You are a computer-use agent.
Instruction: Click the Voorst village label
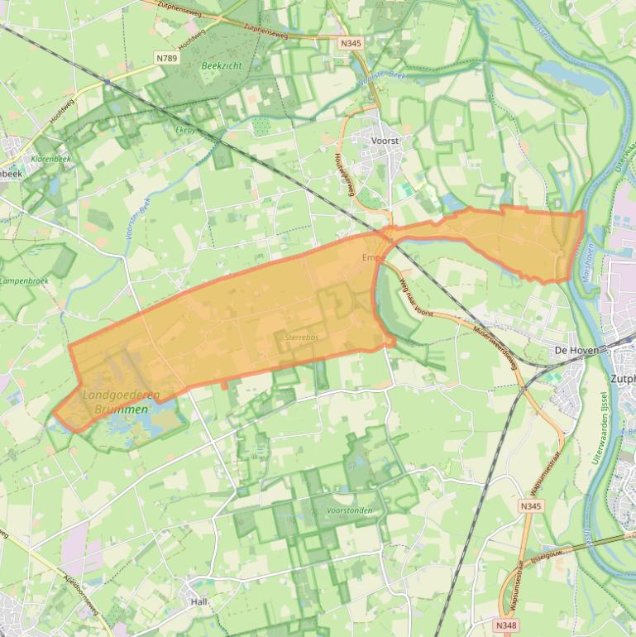(x=385, y=141)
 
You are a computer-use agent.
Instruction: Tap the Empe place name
(x=374, y=258)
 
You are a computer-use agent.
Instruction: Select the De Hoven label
(x=570, y=351)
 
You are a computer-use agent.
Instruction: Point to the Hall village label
(x=198, y=602)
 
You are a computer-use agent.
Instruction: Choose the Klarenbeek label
(x=50, y=158)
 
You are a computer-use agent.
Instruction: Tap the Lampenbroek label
(x=24, y=281)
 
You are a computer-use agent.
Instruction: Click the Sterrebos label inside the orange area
(x=301, y=338)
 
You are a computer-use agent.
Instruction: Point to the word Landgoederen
(x=122, y=395)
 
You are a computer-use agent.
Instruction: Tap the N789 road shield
(x=167, y=58)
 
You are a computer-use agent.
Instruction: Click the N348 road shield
(x=508, y=625)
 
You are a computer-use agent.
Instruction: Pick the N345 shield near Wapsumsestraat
(x=530, y=505)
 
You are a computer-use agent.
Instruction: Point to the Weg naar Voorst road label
(x=415, y=298)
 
